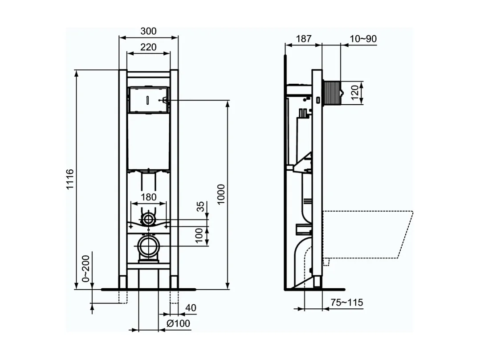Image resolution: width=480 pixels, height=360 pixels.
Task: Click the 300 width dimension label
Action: [148, 31]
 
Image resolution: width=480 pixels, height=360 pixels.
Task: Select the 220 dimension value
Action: [148, 47]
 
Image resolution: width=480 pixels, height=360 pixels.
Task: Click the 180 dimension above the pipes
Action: [148, 197]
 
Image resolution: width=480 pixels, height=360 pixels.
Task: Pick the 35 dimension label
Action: [201, 206]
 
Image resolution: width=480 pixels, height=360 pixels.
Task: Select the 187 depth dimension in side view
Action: [304, 39]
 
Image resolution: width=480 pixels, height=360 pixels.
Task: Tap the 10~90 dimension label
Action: [363, 39]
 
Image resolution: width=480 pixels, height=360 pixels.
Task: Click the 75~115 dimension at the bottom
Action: [347, 303]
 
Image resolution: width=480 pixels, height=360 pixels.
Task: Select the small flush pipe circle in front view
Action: [148, 219]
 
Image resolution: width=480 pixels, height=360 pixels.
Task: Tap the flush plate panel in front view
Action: [148, 100]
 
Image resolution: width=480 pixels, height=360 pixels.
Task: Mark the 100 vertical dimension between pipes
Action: [201, 235]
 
